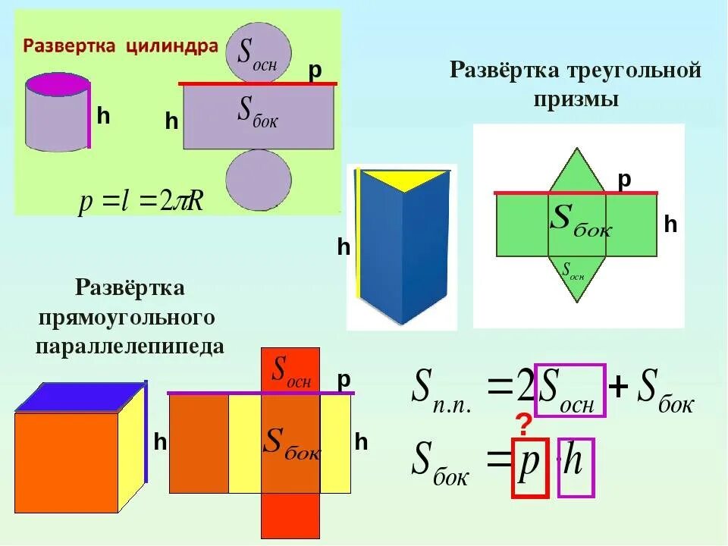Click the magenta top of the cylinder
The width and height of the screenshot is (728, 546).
57,83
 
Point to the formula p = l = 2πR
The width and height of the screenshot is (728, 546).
141,202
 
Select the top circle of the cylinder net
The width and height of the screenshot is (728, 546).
258,53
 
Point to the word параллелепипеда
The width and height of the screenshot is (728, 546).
130,347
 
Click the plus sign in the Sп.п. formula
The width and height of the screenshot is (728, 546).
619,389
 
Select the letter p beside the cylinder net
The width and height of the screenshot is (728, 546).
315,71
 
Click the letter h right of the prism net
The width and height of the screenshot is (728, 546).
670,224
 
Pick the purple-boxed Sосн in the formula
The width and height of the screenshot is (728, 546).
570,391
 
